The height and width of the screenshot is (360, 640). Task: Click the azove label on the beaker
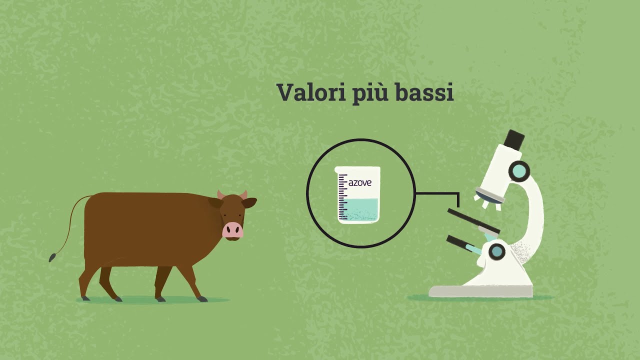[x=360, y=183]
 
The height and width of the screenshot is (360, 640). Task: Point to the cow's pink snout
[x=232, y=230]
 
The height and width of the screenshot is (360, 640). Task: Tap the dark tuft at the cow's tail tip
[x=51, y=257]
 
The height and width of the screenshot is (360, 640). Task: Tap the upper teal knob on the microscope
[x=519, y=171]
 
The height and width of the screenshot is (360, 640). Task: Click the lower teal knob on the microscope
[x=497, y=250]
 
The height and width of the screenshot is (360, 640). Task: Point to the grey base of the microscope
[x=480, y=291]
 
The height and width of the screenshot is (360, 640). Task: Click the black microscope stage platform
[x=473, y=221]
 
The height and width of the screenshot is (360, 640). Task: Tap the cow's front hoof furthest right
[x=202, y=299]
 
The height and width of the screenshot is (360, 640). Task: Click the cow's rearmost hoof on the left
[x=85, y=298]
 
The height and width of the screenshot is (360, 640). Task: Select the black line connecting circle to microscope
[x=437, y=193]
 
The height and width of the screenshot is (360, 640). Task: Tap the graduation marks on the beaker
[x=342, y=197]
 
